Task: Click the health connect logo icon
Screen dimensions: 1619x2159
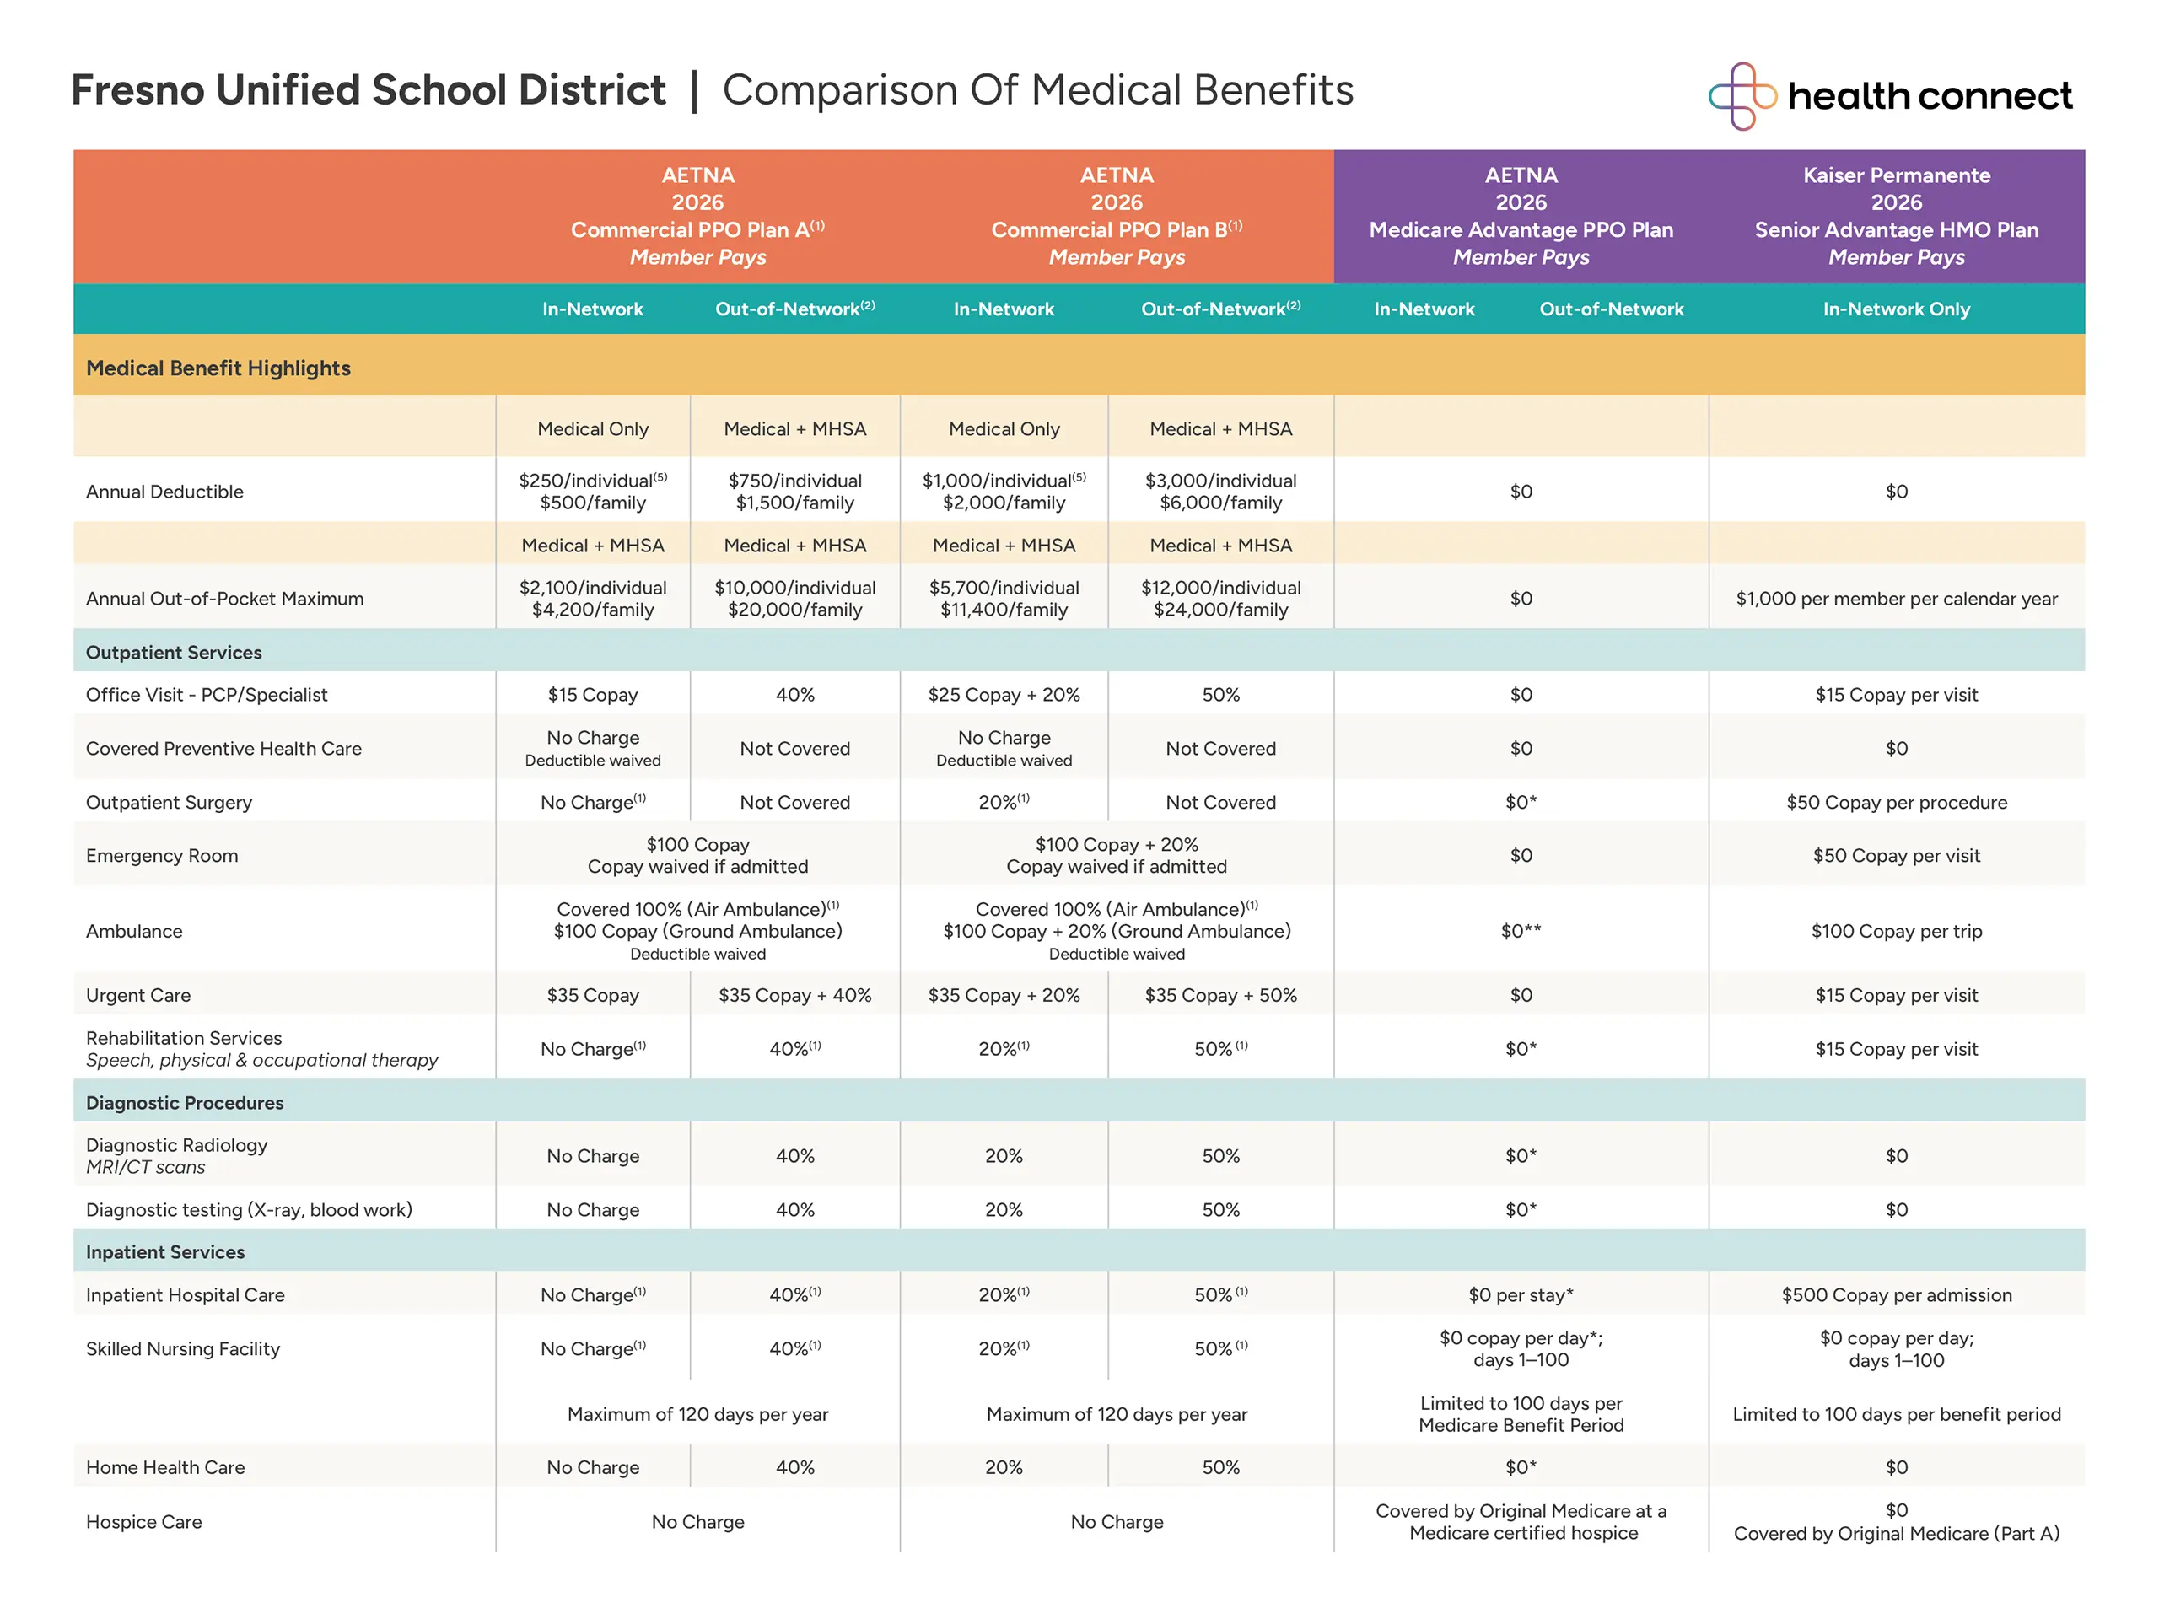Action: pos(1742,95)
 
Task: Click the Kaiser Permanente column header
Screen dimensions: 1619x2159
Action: pos(1896,216)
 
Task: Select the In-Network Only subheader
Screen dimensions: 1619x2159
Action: pos(1896,309)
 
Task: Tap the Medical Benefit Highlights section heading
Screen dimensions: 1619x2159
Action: pos(218,368)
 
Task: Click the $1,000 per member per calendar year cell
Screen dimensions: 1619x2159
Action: pos(1896,598)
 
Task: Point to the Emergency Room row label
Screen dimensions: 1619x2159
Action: pos(162,856)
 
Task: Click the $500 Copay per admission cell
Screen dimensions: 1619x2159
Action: pos(1896,1295)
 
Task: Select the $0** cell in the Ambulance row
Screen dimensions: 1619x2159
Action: pos(1521,931)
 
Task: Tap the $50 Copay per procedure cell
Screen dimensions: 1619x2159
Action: pos(1896,802)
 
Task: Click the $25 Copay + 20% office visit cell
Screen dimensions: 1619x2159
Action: pos(1004,695)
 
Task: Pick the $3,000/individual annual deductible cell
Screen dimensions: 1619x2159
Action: pos(1220,492)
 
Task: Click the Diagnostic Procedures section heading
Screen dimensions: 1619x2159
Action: pos(185,1103)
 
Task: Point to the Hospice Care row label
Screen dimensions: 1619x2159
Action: pos(143,1521)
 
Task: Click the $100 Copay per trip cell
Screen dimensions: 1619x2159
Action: pos(1896,931)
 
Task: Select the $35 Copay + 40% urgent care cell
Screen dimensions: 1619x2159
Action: pos(794,995)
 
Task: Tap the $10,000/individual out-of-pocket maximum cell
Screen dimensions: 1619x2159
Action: pos(794,598)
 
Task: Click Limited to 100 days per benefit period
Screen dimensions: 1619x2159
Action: pos(1896,1414)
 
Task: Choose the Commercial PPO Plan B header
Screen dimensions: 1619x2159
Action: pos(1117,216)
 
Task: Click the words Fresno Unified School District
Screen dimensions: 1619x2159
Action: pos(368,89)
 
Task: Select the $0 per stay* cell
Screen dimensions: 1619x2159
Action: pos(1521,1295)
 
